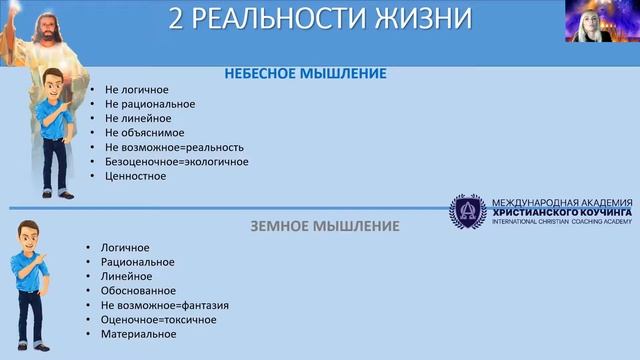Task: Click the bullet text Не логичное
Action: pyautogui.click(x=136, y=90)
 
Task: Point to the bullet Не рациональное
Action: pyautogui.click(x=149, y=104)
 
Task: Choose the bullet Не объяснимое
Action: pyautogui.click(x=145, y=132)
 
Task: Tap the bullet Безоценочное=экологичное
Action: pyautogui.click(x=176, y=161)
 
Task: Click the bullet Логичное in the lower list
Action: pyautogui.click(x=124, y=247)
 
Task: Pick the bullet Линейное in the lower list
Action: pyautogui.click(x=125, y=276)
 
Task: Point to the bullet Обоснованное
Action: pyautogui.click(x=135, y=291)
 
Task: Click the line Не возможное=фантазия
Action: pyautogui.click(x=164, y=305)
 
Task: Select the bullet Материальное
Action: pyautogui.click(x=137, y=334)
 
